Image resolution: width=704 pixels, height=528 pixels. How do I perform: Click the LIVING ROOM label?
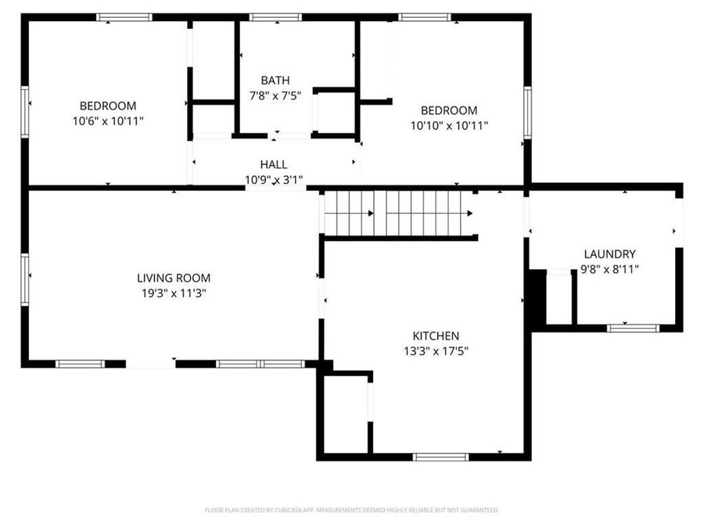pyautogui.click(x=174, y=278)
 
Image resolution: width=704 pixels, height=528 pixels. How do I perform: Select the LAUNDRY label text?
pyautogui.click(x=609, y=253)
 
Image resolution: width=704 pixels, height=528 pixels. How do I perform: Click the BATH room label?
pyautogui.click(x=275, y=80)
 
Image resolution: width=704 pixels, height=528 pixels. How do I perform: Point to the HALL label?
pyautogui.click(x=273, y=164)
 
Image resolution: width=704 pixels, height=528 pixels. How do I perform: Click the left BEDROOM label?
pyautogui.click(x=108, y=106)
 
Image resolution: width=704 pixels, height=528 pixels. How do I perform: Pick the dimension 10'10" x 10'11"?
pyautogui.click(x=449, y=125)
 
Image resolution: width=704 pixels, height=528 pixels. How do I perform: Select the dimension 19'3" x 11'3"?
pyautogui.click(x=174, y=293)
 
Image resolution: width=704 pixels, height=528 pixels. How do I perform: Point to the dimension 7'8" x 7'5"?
pyautogui.click(x=275, y=95)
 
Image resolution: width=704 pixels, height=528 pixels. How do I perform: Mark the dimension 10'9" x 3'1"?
pyautogui.click(x=273, y=180)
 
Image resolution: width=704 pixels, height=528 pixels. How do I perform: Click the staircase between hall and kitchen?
pyautogui.click(x=398, y=213)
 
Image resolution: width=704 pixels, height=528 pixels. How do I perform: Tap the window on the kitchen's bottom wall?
pyautogui.click(x=440, y=457)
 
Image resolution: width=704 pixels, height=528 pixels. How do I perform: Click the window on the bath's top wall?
pyautogui.click(x=275, y=16)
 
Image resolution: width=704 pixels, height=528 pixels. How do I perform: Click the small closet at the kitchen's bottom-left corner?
pyautogui.click(x=345, y=414)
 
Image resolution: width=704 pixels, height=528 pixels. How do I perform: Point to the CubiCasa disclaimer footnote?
pyautogui.click(x=351, y=510)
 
